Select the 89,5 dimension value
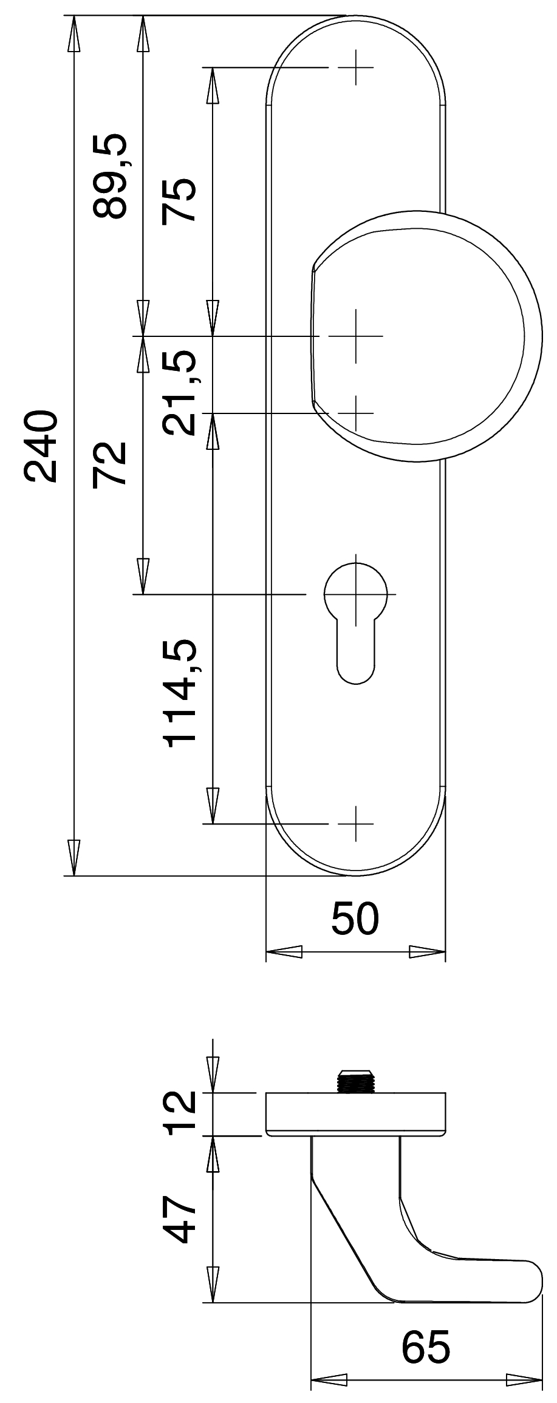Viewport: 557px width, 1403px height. tap(110, 175)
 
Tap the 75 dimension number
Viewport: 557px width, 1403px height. tap(179, 201)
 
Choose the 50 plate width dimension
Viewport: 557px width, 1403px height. tap(355, 918)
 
